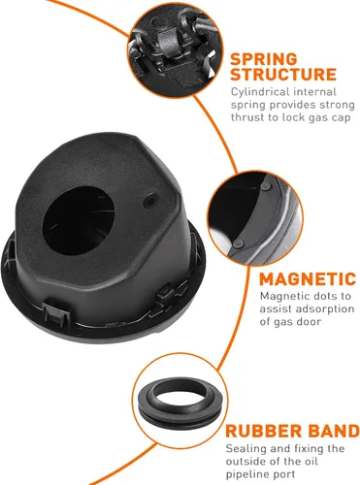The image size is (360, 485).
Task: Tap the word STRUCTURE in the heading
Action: pyautogui.click(x=284, y=74)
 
